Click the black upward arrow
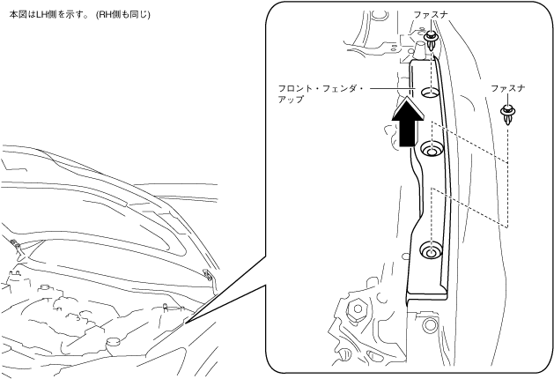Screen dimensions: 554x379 coord(407,124)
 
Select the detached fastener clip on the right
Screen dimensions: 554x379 coord(508,113)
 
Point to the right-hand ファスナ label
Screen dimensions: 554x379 coord(508,88)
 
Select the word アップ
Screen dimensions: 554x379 coord(290,100)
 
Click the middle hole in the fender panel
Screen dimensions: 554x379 coord(430,151)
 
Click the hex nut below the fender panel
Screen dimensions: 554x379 coord(359,310)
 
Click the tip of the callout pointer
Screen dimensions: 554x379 coord(186,323)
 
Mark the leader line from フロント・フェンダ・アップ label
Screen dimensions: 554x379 coord(390,88)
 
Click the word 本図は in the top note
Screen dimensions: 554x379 coord(18,12)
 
